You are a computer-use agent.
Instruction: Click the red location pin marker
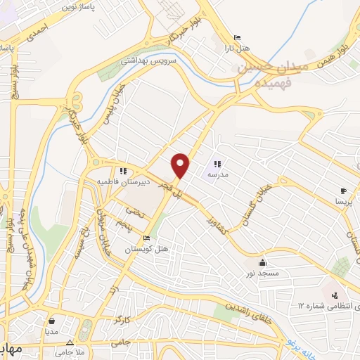click(181, 165)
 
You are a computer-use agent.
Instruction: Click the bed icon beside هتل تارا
click(236, 38)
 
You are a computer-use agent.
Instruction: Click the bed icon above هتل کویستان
click(146, 238)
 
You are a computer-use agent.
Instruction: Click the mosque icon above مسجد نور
click(262, 260)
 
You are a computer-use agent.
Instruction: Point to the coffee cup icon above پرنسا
click(343, 191)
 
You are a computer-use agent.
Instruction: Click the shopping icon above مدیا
click(51, 321)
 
